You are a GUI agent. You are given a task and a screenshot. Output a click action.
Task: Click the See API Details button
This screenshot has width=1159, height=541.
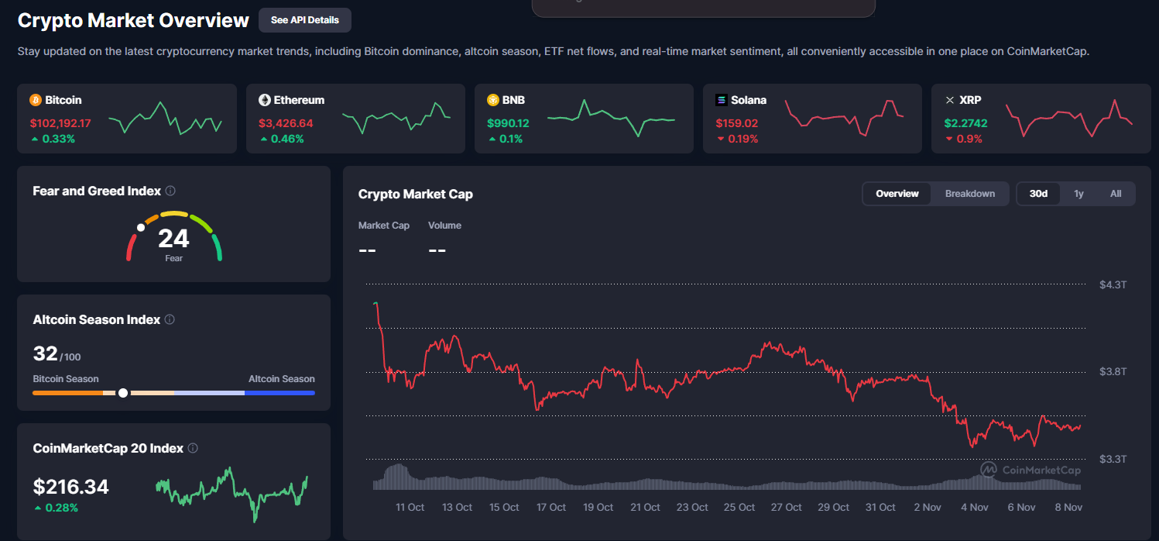304,20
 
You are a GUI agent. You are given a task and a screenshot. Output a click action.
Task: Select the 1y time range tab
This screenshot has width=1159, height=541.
1078,194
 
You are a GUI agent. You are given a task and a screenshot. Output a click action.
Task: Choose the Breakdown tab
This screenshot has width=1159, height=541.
969,194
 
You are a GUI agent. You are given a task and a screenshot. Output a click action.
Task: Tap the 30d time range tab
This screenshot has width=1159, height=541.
1038,194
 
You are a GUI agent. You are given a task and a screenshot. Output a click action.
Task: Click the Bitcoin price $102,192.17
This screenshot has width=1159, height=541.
60,123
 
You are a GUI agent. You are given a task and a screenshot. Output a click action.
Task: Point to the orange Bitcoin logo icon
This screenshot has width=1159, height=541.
35,100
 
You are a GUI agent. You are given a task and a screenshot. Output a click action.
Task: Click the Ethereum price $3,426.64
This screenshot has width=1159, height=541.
286,123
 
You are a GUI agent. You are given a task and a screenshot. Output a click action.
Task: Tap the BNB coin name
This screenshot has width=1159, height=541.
513,100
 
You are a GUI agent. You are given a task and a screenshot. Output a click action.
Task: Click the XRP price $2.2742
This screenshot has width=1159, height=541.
965,123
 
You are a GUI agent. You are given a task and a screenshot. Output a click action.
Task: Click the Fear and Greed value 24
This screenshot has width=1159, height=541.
173,238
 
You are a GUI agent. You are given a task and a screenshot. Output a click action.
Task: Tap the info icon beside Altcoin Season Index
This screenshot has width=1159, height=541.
170,319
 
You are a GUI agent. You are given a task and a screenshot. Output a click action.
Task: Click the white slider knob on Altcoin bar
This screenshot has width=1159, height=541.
123,393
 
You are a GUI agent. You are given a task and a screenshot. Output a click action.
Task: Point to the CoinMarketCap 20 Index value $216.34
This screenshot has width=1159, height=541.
71,487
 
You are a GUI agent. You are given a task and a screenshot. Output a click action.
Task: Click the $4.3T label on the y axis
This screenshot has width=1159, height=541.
1113,285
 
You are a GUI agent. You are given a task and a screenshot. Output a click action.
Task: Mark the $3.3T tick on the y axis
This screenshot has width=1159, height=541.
1113,459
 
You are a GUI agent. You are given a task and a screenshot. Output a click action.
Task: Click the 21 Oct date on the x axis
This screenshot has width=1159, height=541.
645,507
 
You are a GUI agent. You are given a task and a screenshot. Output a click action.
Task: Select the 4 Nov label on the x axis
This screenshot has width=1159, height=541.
974,507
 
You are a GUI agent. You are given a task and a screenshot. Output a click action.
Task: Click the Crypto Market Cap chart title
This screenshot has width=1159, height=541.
415,194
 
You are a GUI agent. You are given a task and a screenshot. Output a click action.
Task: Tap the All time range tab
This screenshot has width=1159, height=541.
1115,194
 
